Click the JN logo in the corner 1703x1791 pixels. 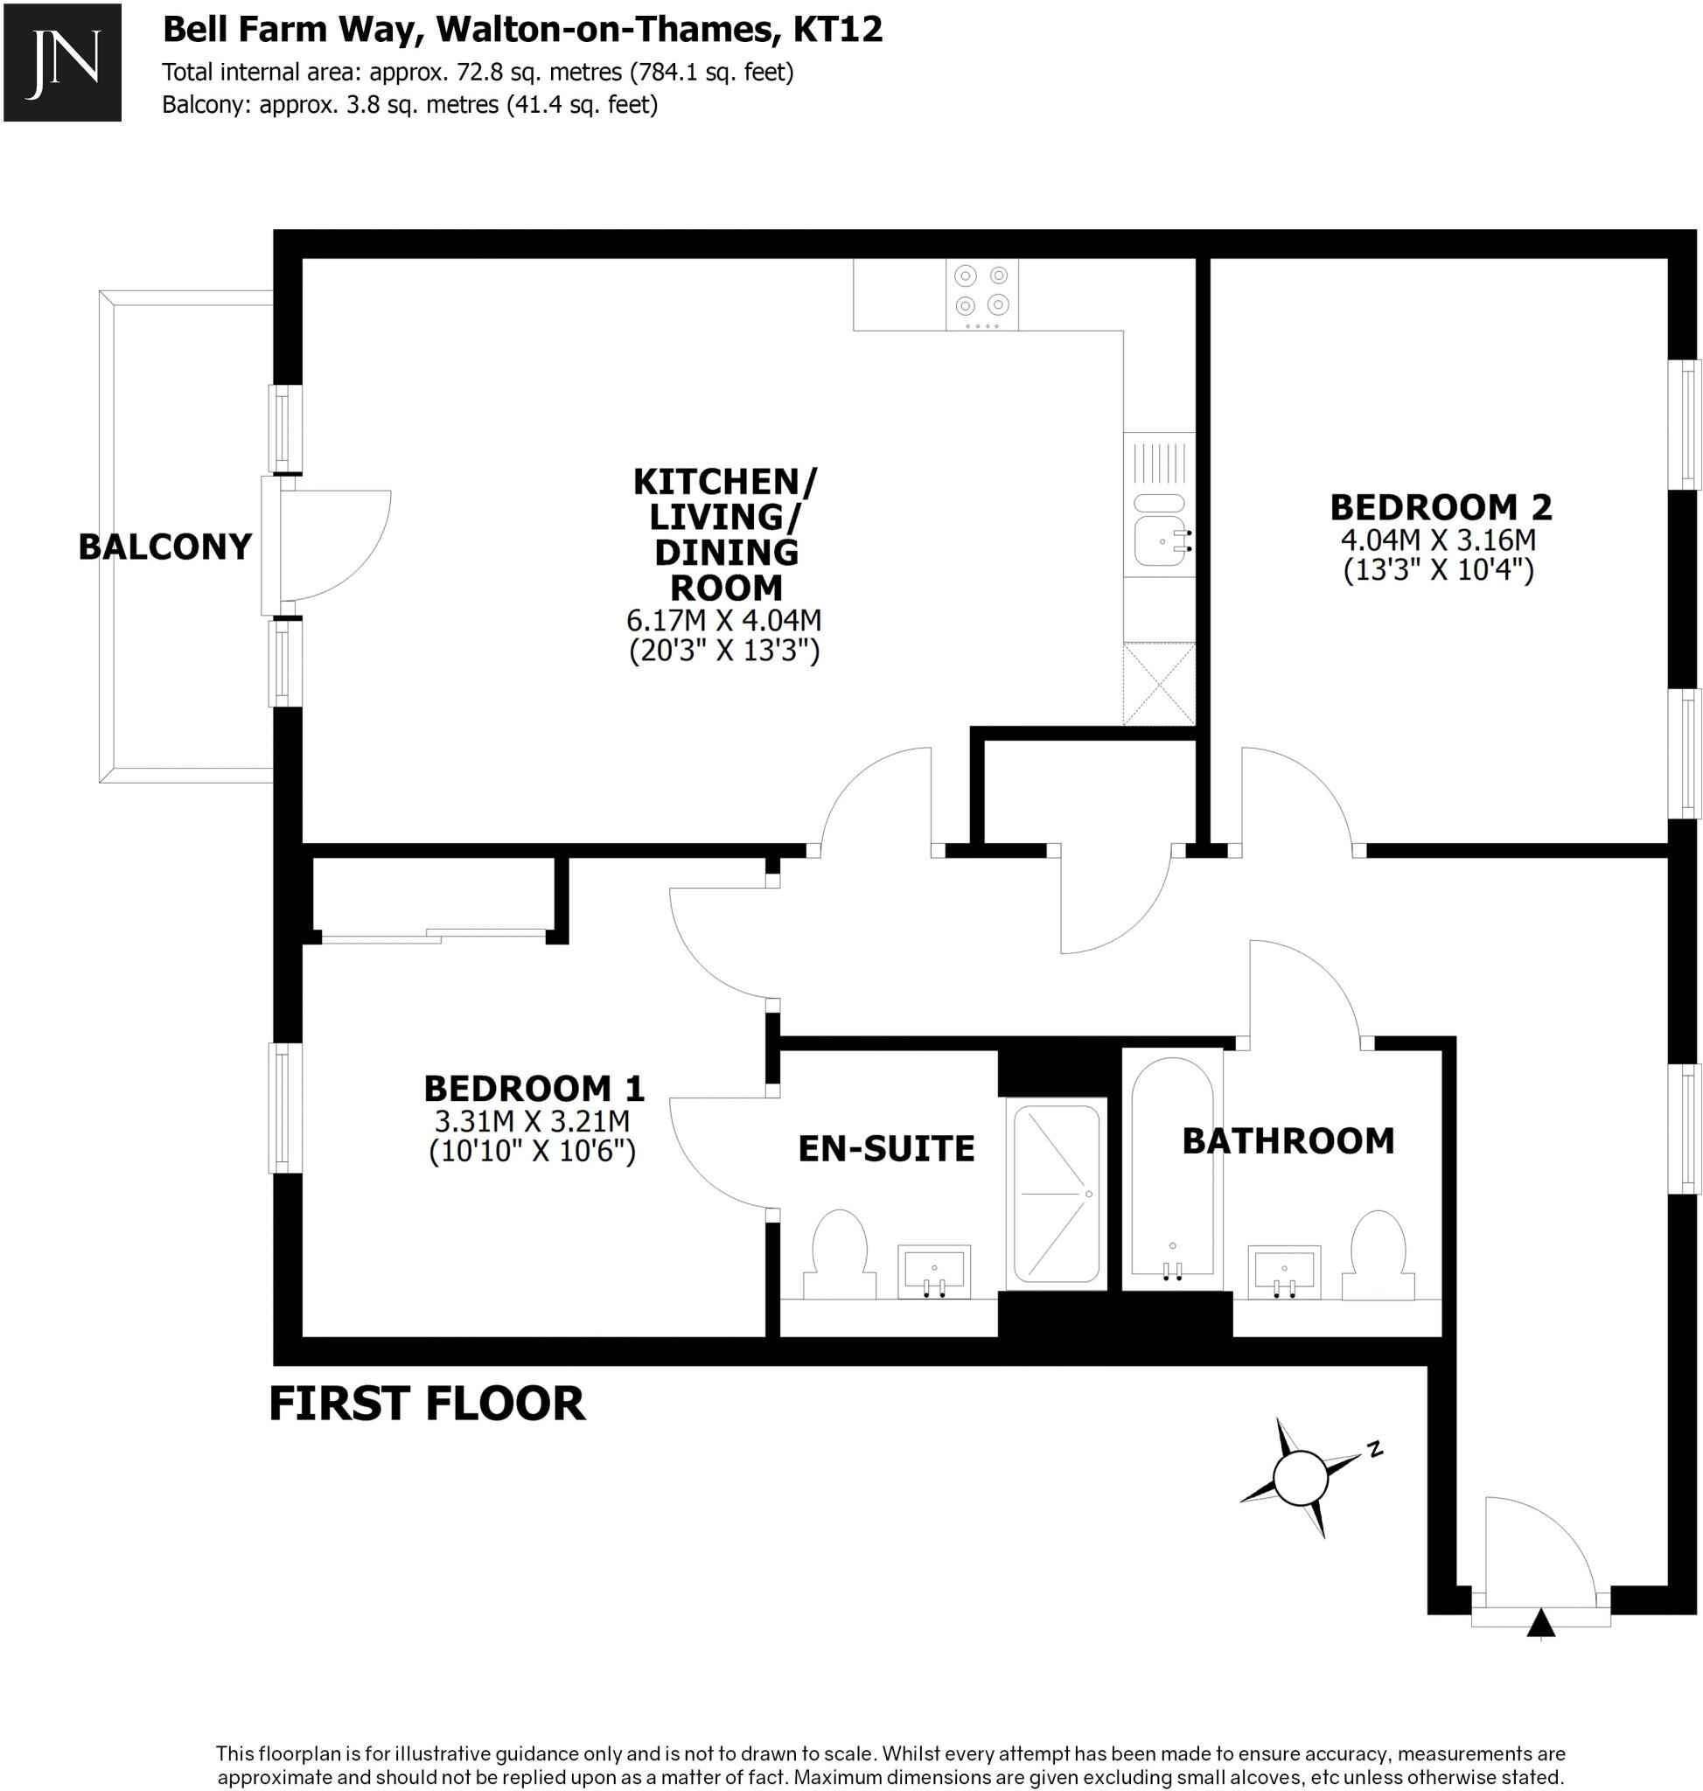(x=62, y=62)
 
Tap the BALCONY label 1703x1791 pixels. (x=164, y=547)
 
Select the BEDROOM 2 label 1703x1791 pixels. (x=1441, y=506)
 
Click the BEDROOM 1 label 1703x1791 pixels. (x=534, y=1088)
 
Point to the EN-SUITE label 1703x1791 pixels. (x=886, y=1148)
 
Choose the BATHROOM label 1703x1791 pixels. (x=1288, y=1140)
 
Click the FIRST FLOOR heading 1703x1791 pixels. (x=427, y=1404)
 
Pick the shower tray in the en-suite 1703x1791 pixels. (x=1056, y=1193)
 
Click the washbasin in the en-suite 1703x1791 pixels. (x=933, y=1270)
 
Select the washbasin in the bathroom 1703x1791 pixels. (x=1284, y=1271)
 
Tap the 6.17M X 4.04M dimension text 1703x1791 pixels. (x=723, y=621)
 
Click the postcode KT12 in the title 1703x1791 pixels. (x=837, y=29)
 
